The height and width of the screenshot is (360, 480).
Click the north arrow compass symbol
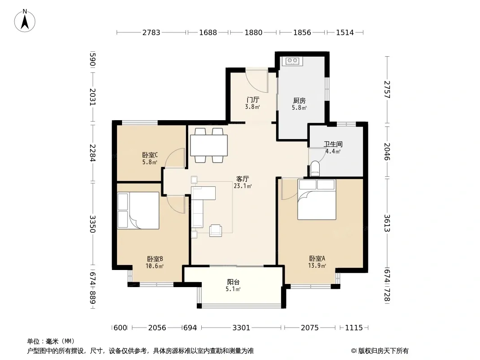25,21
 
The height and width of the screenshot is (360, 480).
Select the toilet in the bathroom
315,169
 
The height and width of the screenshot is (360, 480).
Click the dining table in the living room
209,145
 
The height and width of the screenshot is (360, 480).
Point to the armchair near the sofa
216,230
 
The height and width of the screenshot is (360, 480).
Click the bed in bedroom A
317,199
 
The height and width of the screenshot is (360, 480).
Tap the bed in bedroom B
138,211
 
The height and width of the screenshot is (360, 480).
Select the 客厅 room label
242,179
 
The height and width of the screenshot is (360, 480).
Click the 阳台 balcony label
233,282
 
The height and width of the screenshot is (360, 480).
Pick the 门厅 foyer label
253,100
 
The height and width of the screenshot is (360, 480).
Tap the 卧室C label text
150,155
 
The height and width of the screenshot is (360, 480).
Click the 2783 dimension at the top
151,32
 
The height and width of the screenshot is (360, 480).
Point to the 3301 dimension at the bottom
241,328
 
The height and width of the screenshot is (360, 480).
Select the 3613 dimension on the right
387,223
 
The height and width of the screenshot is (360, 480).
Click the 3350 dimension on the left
93,224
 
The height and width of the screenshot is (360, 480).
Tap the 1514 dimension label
345,32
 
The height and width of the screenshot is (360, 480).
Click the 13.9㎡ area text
317,265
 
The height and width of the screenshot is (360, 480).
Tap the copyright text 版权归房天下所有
383,351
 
